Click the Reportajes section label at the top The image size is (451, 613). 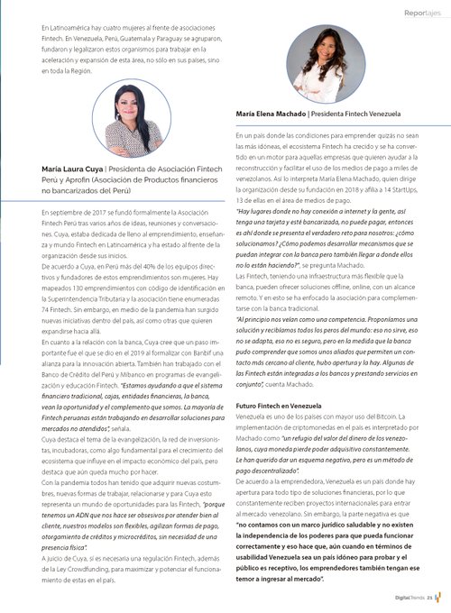pos(422,13)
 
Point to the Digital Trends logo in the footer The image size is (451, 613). pos(415,596)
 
